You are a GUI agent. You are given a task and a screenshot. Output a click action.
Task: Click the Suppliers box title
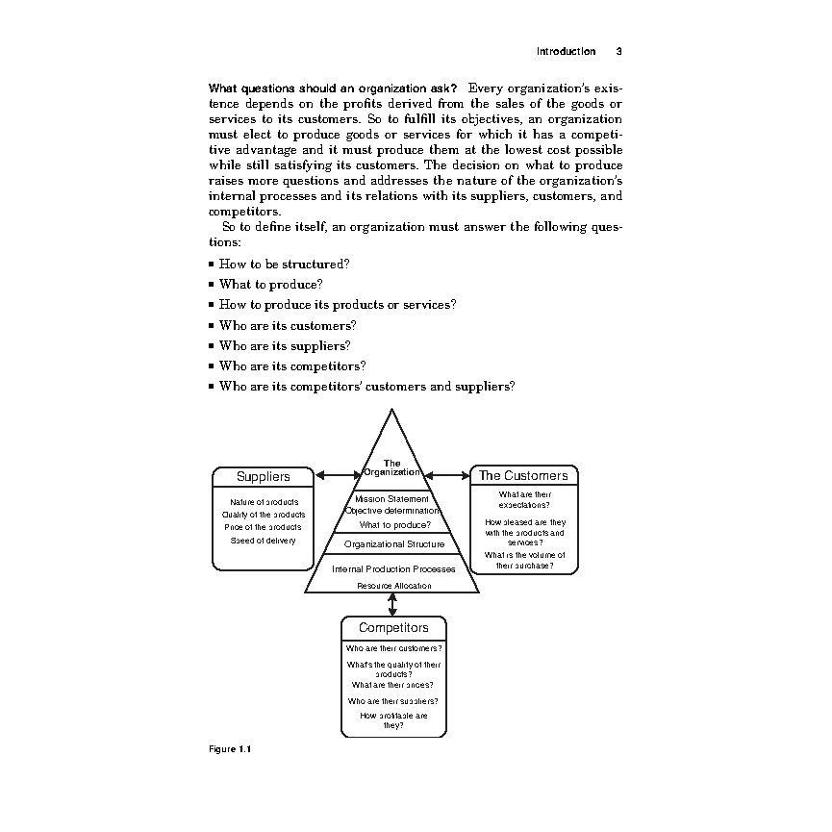tap(263, 476)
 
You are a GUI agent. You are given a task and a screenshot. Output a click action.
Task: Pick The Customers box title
tap(523, 475)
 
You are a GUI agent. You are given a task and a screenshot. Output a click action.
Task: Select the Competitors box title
tap(393, 628)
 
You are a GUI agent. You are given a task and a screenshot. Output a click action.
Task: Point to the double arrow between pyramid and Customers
tap(446, 474)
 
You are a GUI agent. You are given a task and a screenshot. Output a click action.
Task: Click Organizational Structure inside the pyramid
tap(394, 544)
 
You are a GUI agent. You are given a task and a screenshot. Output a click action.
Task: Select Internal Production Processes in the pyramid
tap(393, 569)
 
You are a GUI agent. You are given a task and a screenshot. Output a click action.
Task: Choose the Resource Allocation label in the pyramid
tap(394, 586)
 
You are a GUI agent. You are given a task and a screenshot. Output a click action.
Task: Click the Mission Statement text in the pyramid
tap(391, 499)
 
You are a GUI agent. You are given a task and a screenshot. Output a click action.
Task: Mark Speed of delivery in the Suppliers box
tap(263, 540)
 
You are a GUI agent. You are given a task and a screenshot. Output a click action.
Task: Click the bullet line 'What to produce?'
tap(270, 285)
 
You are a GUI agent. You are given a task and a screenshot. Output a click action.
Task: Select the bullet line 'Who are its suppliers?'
tap(285, 345)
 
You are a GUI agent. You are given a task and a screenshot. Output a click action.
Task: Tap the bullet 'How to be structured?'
tap(284, 264)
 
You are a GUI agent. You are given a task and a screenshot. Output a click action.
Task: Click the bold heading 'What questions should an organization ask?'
tap(326, 89)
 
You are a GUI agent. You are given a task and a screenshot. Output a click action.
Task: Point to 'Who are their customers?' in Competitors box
tap(393, 648)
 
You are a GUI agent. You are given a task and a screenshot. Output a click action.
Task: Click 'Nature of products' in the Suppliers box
tap(264, 502)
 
